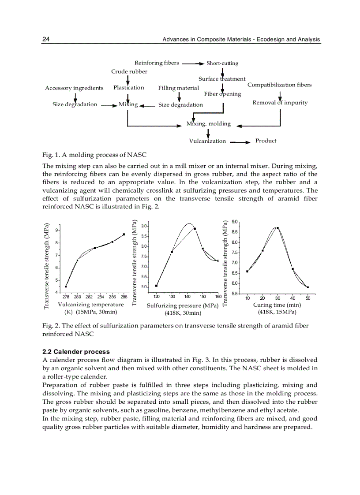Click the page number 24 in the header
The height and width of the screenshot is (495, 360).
(x=46, y=40)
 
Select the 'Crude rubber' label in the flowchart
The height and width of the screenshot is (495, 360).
(x=129, y=71)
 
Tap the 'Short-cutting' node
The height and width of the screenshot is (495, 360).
(x=222, y=63)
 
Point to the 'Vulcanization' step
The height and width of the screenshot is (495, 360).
(x=207, y=141)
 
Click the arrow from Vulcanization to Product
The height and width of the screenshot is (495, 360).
(x=240, y=142)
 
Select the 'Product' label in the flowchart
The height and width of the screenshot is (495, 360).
(x=266, y=141)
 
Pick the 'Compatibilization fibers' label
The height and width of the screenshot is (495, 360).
(x=279, y=85)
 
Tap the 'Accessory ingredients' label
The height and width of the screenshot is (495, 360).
(x=74, y=88)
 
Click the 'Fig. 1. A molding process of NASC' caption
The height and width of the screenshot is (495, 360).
(x=94, y=155)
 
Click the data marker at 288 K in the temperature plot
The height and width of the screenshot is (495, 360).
(x=124, y=234)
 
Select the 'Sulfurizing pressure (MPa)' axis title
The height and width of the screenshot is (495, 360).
(x=183, y=305)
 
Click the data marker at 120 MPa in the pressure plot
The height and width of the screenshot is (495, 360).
(x=157, y=286)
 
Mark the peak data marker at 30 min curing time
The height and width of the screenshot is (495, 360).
(x=277, y=228)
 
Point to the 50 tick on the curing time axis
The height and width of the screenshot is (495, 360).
(x=308, y=298)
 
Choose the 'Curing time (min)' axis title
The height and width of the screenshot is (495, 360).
(x=277, y=305)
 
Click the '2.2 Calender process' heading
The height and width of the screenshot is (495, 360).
(x=76, y=352)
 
